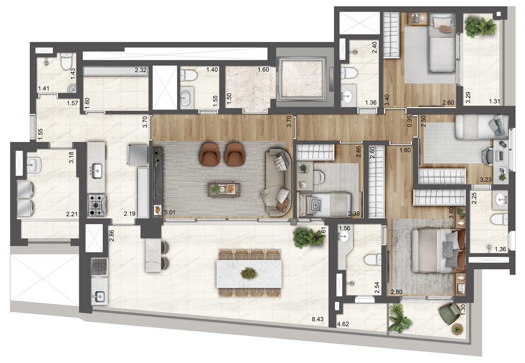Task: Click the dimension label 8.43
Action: click(318, 319)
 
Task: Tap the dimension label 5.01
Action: click(170, 212)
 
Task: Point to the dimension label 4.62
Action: click(343, 324)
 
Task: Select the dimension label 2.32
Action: click(141, 70)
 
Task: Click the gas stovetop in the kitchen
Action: click(97, 205)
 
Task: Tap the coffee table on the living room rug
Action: click(224, 189)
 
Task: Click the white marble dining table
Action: click(249, 273)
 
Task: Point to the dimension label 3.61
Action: click(323, 232)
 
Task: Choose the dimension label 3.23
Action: click(486, 180)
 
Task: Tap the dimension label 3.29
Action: click(468, 97)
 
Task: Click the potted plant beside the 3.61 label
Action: click(307, 238)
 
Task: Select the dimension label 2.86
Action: click(112, 236)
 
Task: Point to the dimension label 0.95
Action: click(409, 121)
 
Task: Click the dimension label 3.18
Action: click(71, 158)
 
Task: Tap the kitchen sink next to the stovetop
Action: click(97, 170)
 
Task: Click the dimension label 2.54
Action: click(377, 288)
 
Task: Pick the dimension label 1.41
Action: click(44, 89)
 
